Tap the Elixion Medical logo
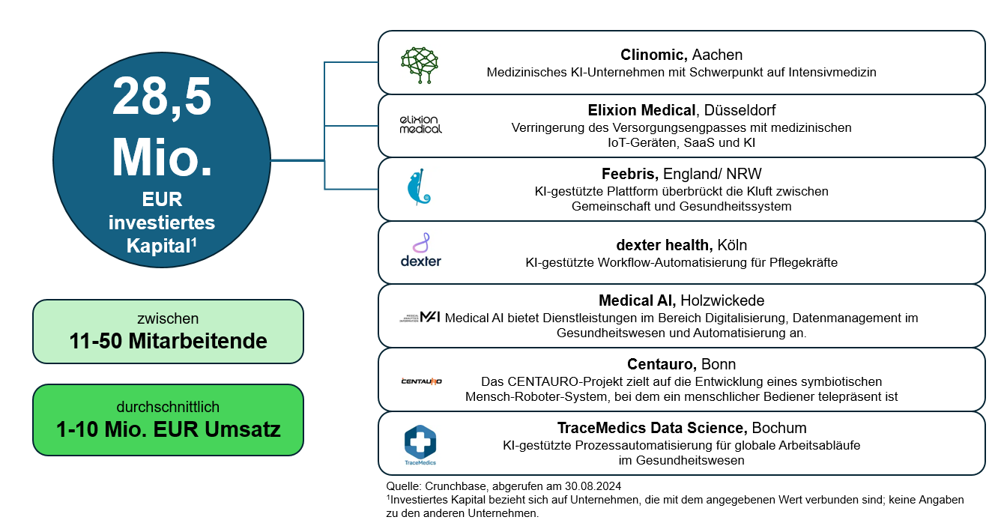click(420, 124)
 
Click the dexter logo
click(420, 251)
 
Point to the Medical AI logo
click(420, 317)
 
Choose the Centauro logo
click(421, 381)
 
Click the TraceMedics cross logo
click(420, 442)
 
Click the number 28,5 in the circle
click(162, 97)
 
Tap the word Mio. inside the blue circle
click(162, 155)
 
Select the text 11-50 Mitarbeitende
click(168, 341)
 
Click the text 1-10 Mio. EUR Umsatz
click(168, 429)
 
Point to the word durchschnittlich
click(168, 407)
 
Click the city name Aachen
click(717, 55)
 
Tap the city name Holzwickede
click(722, 300)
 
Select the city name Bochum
click(779, 428)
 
